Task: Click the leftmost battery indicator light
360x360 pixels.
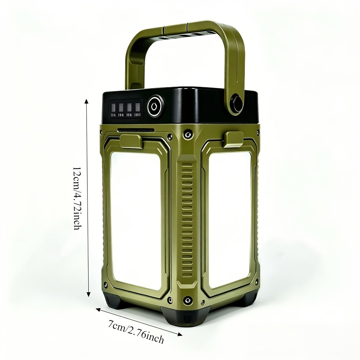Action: pos(113,107)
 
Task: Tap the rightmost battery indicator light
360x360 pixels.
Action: pos(138,107)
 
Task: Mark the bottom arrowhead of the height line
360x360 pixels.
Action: pos(89,294)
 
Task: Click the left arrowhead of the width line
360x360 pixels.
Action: pos(98,310)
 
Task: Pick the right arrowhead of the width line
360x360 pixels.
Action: pos(180,334)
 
